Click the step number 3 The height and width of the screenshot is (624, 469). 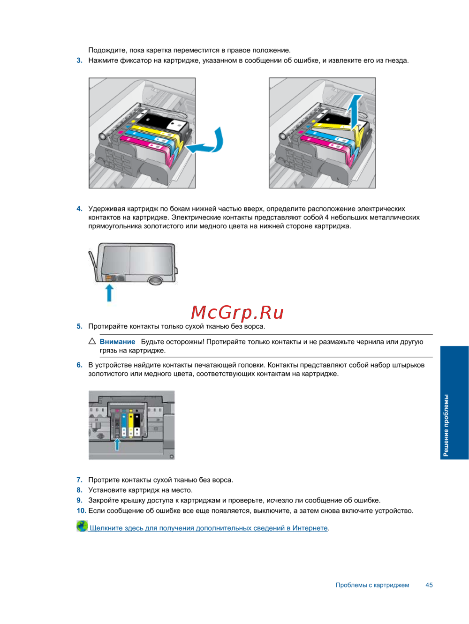pos(79,60)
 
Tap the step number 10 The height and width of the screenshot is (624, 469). pos(81,511)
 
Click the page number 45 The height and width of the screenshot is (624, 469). pos(429,585)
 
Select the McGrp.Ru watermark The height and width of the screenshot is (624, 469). pos(237,312)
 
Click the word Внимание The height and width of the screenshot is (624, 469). pos(117,342)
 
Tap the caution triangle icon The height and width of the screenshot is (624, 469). pos(92,341)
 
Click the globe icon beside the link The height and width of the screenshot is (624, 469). pos(82,526)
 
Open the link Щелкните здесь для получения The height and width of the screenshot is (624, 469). pos(209,528)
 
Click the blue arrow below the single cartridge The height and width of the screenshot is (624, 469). pos(109,293)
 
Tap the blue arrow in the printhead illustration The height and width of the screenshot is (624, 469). pos(117,444)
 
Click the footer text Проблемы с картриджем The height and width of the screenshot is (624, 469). pos(372,585)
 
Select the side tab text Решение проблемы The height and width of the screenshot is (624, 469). pos(446,425)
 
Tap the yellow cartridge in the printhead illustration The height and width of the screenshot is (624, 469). pos(130,424)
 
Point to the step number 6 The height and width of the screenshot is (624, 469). pos(79,365)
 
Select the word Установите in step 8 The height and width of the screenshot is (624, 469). pos(106,490)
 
